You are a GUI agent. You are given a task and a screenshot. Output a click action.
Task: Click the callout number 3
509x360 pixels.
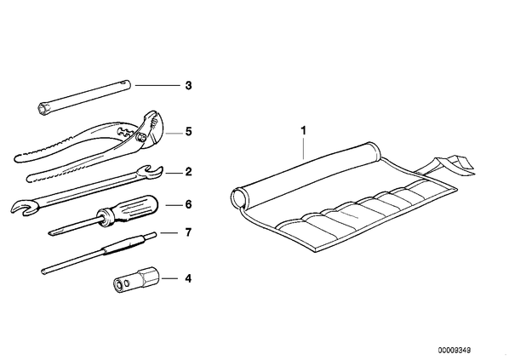(188, 86)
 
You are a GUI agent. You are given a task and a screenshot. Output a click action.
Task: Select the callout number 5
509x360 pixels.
(189, 132)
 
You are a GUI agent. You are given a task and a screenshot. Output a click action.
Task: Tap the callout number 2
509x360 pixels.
(189, 172)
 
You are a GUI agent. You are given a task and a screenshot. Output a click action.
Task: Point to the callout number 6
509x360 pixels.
(189, 204)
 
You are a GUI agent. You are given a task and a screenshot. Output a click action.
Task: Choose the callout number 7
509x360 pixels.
(188, 232)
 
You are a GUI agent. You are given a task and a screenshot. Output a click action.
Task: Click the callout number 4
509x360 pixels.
(188, 278)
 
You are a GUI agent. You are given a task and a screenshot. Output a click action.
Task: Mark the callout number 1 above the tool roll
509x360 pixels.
(304, 131)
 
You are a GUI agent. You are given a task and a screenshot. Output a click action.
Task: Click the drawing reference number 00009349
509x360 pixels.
(455, 351)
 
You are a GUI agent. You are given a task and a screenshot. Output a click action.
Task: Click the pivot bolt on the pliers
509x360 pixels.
(140, 138)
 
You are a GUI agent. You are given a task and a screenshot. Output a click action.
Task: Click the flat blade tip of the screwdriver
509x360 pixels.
(54, 232)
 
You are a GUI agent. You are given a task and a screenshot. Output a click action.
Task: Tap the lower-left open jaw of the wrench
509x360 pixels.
(22, 207)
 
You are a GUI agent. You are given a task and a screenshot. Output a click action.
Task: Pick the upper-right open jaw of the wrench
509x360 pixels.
(151, 172)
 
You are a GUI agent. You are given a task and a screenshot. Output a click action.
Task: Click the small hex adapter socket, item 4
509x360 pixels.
(136, 279)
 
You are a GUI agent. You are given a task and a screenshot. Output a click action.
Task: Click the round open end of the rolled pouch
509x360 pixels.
(239, 197)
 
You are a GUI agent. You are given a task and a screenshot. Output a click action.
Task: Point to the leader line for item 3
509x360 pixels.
(157, 85)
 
